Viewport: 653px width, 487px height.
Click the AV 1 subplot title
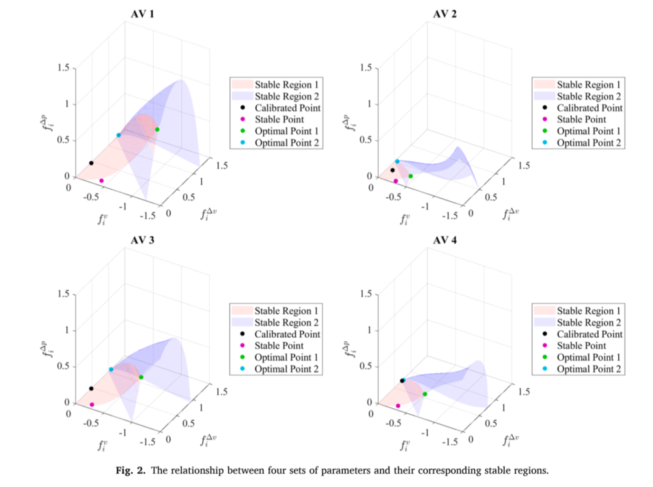coord(142,14)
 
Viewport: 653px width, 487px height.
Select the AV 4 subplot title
coord(445,240)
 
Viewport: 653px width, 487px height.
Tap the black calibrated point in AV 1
coord(91,163)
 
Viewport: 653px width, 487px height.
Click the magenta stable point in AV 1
coord(101,181)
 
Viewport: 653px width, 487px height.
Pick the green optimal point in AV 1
coord(157,130)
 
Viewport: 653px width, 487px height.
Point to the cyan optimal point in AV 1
coord(119,135)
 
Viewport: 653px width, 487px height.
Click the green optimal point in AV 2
coord(410,176)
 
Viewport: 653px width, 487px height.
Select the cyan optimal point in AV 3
coord(111,369)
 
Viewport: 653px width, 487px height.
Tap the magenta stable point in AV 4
coord(398,406)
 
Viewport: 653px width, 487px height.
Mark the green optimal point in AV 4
coord(425,394)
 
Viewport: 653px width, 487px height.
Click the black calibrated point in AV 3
coord(91,389)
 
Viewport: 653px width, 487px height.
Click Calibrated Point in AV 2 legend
coord(589,108)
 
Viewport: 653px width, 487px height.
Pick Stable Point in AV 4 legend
coord(581,346)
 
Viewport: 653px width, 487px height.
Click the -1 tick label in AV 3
coord(123,432)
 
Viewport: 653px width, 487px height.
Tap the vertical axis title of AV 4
coord(351,349)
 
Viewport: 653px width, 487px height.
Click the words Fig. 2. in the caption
coord(130,471)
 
